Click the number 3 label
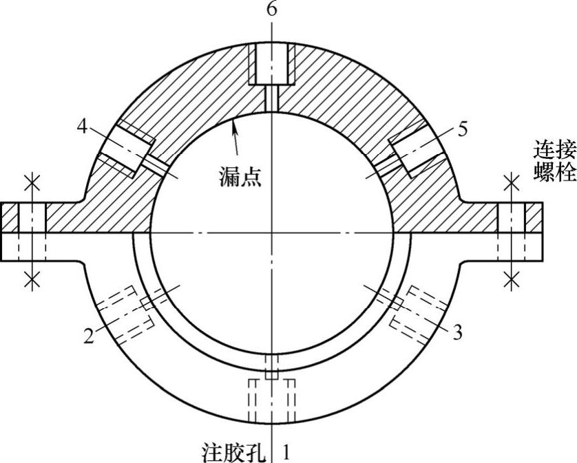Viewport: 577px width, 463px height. pyautogui.click(x=457, y=333)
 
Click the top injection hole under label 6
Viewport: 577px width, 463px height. pyautogui.click(x=273, y=66)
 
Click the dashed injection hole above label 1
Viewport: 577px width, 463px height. pyautogui.click(x=273, y=399)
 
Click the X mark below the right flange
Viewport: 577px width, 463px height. pyautogui.click(x=511, y=279)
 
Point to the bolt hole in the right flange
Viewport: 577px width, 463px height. pyautogui.click(x=511, y=230)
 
